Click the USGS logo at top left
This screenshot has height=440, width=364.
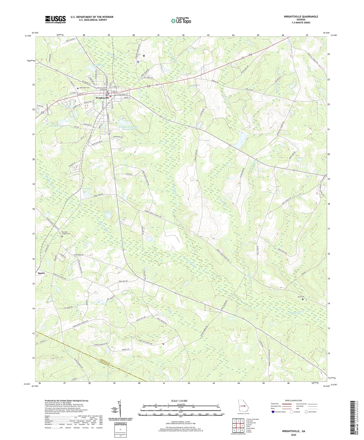click(x=55, y=19)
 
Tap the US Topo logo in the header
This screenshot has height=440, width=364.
click(x=181, y=21)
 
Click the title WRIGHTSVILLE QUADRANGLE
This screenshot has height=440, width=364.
click(x=301, y=17)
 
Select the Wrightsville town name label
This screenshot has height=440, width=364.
click(x=102, y=98)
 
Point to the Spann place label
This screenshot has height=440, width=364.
click(x=41, y=273)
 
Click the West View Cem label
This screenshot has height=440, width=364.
click(x=84, y=88)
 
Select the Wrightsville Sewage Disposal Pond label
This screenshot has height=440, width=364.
click(x=128, y=128)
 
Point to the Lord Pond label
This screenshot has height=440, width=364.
click(x=87, y=188)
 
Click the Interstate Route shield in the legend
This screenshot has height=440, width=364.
click(x=273, y=412)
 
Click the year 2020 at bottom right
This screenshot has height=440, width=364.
click(x=293, y=435)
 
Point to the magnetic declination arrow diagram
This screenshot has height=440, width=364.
click(x=120, y=408)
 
